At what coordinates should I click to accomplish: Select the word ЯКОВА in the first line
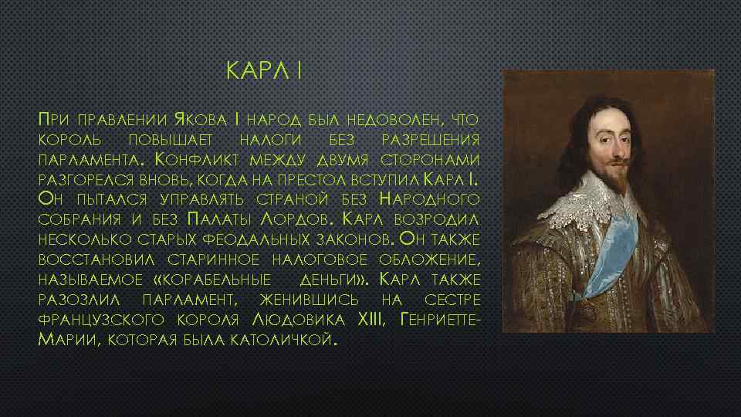[x=202, y=120]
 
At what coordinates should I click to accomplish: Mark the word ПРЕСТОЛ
[x=338, y=180]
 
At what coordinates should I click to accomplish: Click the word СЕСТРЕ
[x=450, y=299]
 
